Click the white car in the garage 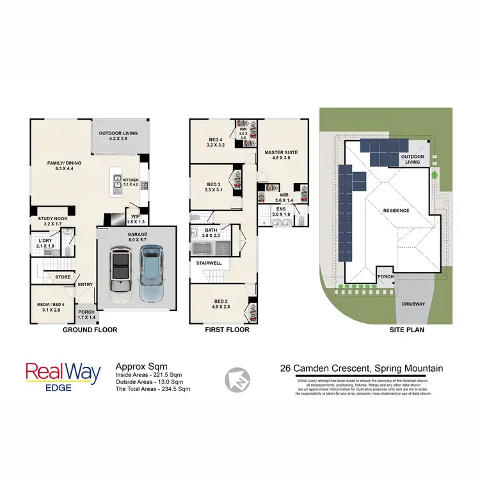[x=120, y=271]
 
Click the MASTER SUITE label [x=282, y=156]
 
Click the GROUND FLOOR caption [x=90, y=330]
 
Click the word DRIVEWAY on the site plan [x=413, y=304]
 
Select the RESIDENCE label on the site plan [x=396, y=210]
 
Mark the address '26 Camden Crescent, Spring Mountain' [x=362, y=368]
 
